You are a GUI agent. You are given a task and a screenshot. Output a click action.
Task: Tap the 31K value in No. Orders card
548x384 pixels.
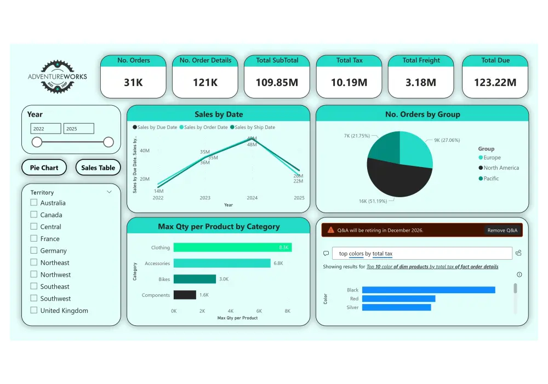pos(133,83)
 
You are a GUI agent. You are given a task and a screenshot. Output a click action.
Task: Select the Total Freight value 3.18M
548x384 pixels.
pos(421,83)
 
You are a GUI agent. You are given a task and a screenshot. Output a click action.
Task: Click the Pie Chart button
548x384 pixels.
pos(44,168)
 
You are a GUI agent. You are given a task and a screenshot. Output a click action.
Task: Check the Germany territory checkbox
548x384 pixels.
pos(34,250)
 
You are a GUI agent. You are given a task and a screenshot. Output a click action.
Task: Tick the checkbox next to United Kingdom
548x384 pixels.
pos(34,310)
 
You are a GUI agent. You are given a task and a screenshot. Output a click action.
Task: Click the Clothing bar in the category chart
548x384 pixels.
pos(232,248)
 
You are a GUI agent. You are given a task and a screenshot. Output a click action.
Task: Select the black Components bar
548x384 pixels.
pos(185,295)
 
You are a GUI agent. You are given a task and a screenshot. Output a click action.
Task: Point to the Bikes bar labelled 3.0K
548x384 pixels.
pos(195,279)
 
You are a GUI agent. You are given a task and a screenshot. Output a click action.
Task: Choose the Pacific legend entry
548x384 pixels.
pos(491,179)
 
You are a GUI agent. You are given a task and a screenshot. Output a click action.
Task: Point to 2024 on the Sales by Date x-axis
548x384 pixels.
pos(252,198)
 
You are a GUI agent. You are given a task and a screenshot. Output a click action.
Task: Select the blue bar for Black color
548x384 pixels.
pos(429,290)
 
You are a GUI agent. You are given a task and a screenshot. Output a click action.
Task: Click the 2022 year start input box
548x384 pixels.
pos(45,129)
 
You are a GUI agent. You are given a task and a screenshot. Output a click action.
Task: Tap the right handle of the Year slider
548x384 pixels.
pos(109,142)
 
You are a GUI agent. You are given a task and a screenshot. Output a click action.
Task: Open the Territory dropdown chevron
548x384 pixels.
pos(109,192)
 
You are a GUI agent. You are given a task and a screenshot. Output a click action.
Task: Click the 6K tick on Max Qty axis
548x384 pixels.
pos(259,311)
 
